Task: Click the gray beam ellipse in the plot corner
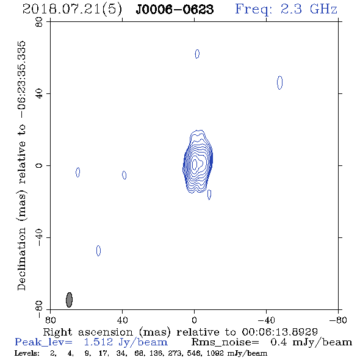69,300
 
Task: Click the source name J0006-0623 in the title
175,10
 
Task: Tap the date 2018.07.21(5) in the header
72,10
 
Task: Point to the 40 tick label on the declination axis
39,94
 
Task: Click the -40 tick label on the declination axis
39,237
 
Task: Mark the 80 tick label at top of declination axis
39,22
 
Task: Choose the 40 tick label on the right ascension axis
123,320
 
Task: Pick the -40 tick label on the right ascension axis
266,320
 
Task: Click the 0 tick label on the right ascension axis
195,320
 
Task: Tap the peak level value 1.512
98,342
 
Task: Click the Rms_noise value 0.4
279,342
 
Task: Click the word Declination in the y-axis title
21,259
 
